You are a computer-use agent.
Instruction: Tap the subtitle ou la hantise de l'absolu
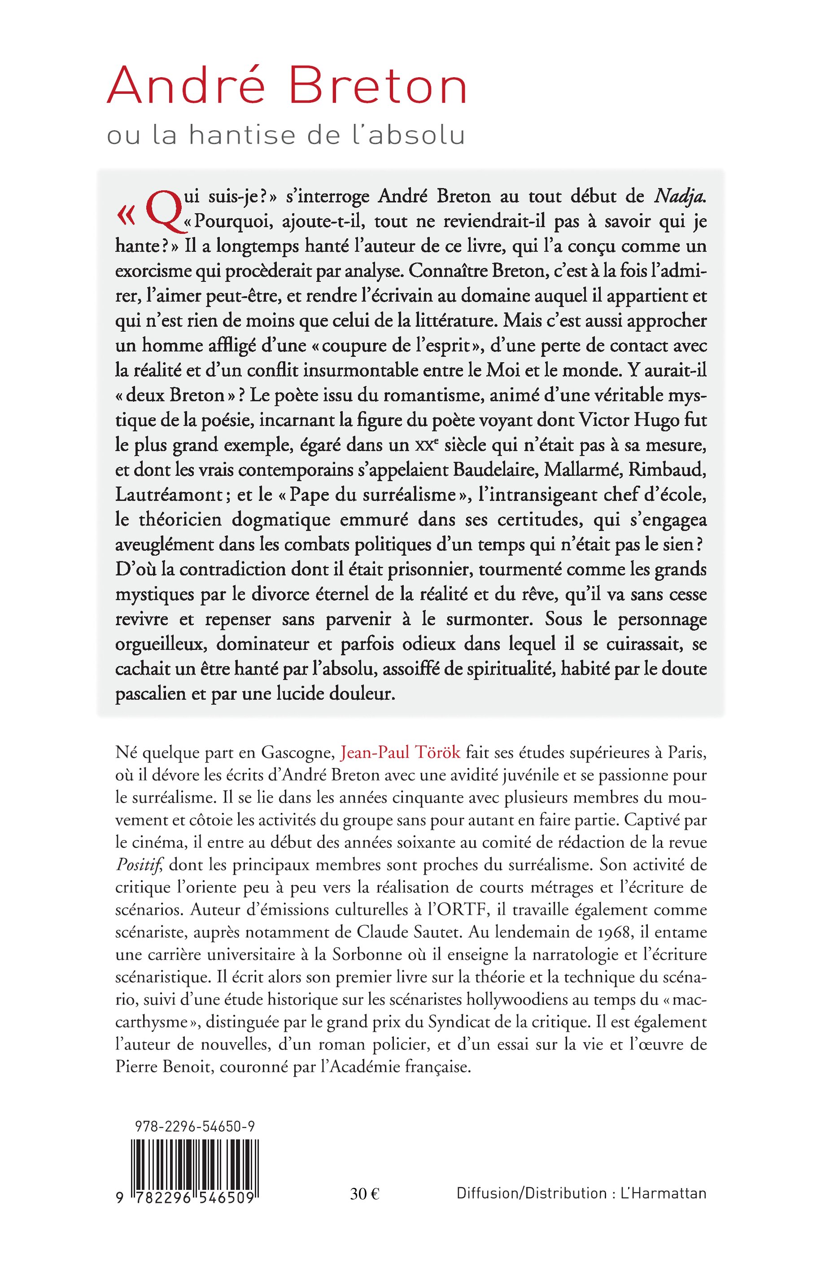pyautogui.click(x=286, y=136)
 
